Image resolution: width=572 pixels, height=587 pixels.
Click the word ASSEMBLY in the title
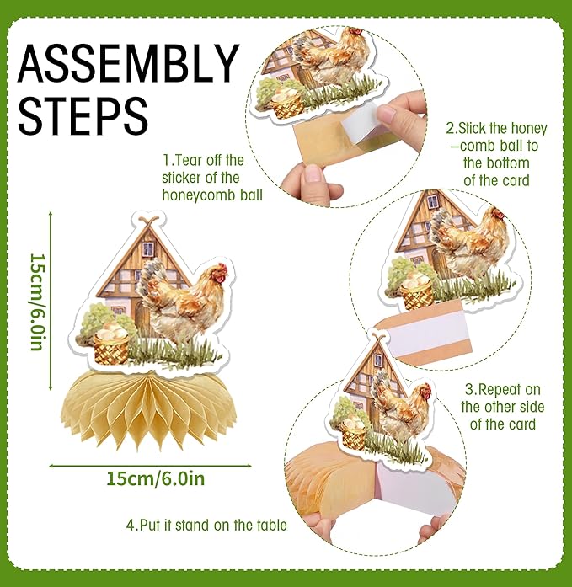click(x=128, y=63)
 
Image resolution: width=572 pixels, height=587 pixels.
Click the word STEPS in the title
click(x=83, y=115)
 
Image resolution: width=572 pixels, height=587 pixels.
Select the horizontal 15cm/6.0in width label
click(x=156, y=479)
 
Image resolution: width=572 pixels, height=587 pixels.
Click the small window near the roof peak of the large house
click(x=148, y=249)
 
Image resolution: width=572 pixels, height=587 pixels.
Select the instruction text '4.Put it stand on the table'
click(x=206, y=525)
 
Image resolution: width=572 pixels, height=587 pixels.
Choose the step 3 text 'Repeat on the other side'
click(x=502, y=407)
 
